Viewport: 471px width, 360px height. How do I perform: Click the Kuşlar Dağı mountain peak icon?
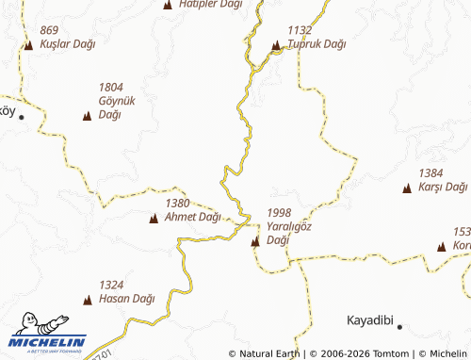pos(29,44)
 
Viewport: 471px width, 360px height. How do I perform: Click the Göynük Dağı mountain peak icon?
pos(88,115)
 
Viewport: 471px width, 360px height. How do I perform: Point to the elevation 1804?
pos(110,88)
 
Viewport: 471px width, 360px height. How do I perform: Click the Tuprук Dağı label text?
pos(317,44)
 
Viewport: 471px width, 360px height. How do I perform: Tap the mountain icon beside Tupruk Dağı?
pos(276,44)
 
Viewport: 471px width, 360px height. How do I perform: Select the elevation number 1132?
pos(300,31)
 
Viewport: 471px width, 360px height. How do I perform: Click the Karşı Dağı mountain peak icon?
pos(407,188)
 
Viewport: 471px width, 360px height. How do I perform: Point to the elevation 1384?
pos(430,173)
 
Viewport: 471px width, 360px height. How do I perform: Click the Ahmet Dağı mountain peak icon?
pos(154,218)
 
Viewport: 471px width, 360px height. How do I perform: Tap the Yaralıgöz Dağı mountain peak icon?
pos(255,241)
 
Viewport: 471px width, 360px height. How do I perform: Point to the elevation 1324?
pos(111,285)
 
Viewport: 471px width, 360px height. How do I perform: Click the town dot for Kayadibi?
pos(399,327)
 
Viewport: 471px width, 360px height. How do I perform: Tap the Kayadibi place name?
pos(369,319)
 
